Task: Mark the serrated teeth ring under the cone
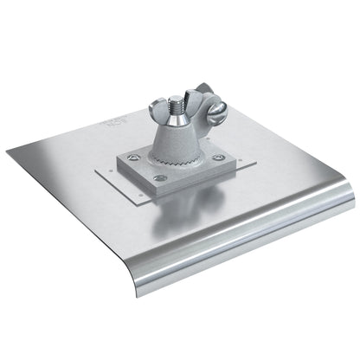[x=178, y=158]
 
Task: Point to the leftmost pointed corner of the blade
[x=8, y=156]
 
